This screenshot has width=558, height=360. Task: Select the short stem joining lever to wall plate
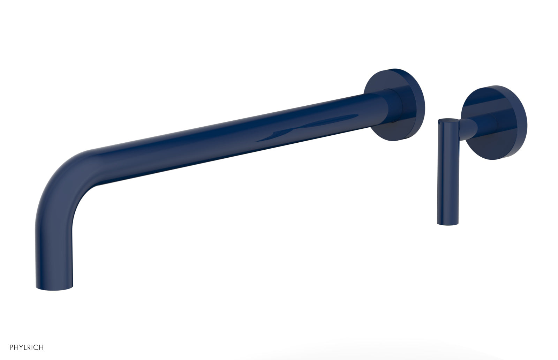coord(471,127)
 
